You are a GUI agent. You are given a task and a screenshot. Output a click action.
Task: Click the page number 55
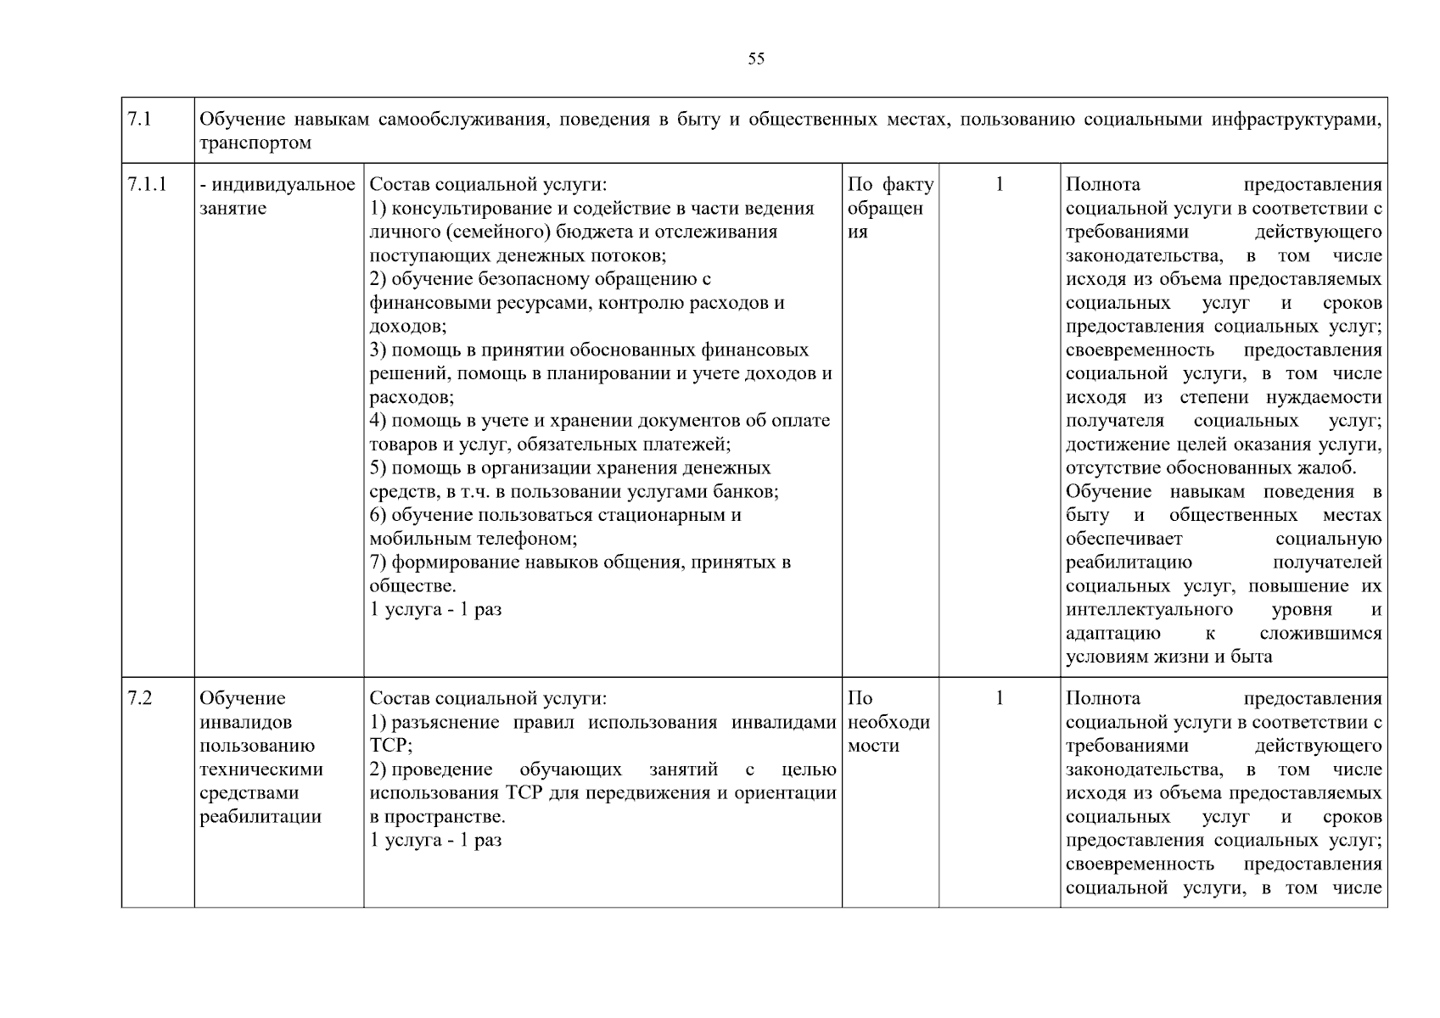coord(756,59)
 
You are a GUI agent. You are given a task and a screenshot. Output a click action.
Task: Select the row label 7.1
coord(139,120)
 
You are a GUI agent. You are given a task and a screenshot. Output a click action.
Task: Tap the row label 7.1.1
coord(147,185)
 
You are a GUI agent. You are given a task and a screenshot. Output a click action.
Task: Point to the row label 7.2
coord(139,698)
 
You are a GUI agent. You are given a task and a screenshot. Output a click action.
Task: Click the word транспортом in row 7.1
coord(255,143)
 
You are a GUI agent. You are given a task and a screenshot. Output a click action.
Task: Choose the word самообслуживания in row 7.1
coord(459,120)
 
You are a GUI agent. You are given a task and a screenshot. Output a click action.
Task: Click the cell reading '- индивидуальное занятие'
coord(277,196)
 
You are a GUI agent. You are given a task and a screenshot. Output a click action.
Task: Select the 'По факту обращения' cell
coord(889,208)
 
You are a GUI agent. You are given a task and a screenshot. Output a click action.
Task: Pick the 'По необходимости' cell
coord(888,722)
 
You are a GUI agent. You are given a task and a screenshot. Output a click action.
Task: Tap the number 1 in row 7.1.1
coord(999,185)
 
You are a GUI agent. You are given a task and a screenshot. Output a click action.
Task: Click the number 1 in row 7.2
coord(999,698)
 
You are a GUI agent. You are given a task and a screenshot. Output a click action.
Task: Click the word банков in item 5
coord(746,492)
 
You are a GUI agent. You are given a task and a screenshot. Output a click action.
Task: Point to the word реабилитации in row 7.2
coord(260,817)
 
